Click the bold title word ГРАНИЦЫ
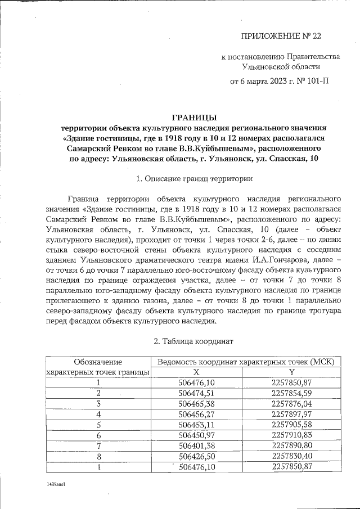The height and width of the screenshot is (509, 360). pyautogui.click(x=193, y=117)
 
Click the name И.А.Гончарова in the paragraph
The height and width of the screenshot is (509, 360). pyautogui.click(x=289, y=260)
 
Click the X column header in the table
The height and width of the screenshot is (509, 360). pyautogui.click(x=196, y=372)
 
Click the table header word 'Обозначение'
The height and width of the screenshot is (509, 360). pyautogui.click(x=98, y=362)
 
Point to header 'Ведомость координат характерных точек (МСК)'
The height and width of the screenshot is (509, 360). pyautogui.click(x=246, y=362)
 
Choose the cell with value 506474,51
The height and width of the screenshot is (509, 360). pyautogui.click(x=196, y=393)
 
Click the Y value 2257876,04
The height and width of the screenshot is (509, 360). pyautogui.click(x=291, y=403)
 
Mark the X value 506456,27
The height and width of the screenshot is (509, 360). pyautogui.click(x=196, y=414)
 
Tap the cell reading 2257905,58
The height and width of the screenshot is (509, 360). pyautogui.click(x=291, y=425)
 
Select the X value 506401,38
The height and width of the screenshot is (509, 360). pyautogui.click(x=196, y=445)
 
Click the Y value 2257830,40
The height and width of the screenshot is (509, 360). pyautogui.click(x=291, y=456)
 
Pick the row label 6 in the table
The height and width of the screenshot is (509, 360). pyautogui.click(x=98, y=435)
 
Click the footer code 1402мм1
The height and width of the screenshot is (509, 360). pyautogui.click(x=56, y=484)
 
